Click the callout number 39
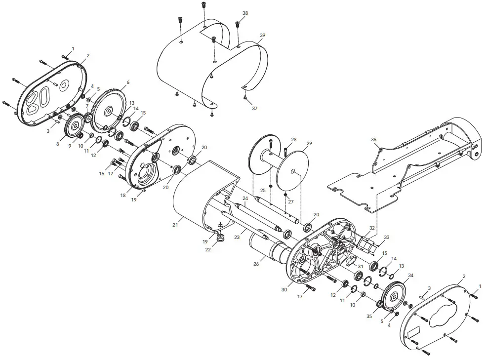[x=262, y=36]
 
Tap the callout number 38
[x=245, y=13]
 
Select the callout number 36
[x=374, y=140]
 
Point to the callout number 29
[x=309, y=143]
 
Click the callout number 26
[x=256, y=264]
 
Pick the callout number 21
[x=175, y=225]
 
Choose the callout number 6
[x=127, y=82]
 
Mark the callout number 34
[x=411, y=276]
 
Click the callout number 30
[x=284, y=290]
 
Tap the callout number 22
[x=208, y=249]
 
